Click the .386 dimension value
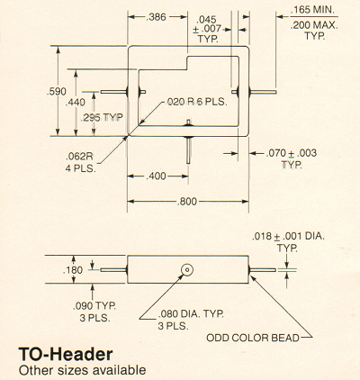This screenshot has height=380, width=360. point(156,17)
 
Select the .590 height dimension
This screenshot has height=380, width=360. point(57,91)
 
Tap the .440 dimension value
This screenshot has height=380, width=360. point(76,103)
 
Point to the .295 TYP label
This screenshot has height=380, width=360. point(102,117)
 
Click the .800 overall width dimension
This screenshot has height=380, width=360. point(187,202)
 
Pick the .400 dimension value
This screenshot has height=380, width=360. point(156,176)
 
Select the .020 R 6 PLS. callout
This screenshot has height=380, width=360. point(197,102)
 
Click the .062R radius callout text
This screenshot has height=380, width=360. point(79,157)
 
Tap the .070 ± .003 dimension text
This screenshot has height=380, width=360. point(291,153)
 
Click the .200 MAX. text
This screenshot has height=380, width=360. point(314,25)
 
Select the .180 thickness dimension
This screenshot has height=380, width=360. point(73,270)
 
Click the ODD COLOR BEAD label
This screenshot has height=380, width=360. point(253,338)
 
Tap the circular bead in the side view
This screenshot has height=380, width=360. point(187,270)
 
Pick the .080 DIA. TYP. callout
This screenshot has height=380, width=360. point(191,314)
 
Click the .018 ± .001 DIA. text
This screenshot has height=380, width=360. point(288,236)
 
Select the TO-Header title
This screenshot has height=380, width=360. point(66,354)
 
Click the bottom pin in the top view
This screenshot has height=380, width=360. point(188,149)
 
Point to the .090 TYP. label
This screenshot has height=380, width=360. point(94,306)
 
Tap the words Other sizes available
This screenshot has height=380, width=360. point(82,370)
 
